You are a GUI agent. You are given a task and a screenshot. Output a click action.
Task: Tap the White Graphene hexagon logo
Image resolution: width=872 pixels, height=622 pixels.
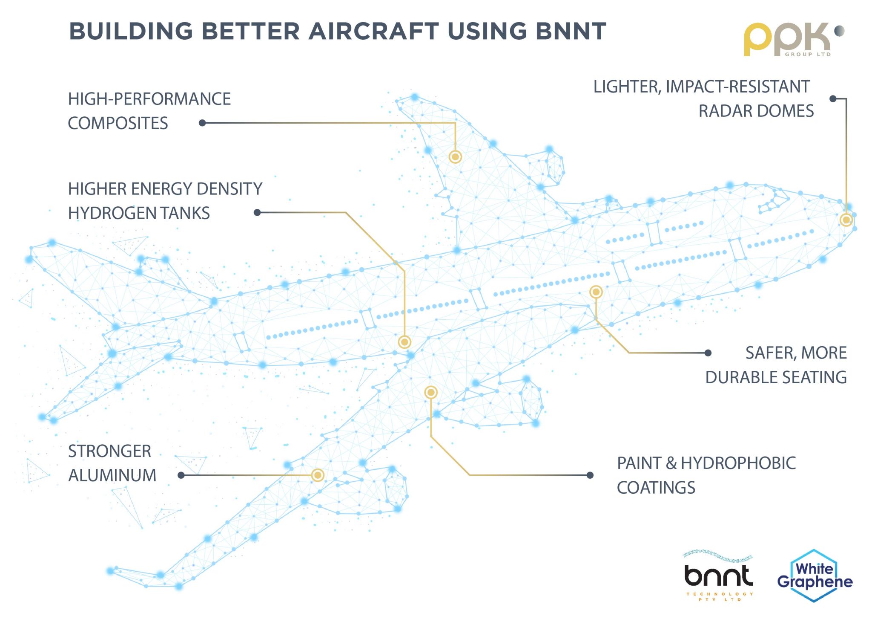(x=814, y=576)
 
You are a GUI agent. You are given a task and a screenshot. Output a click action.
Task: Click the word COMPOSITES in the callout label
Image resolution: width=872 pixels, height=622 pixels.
(x=118, y=124)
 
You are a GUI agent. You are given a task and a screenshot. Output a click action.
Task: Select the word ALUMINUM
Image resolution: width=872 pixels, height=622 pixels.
(x=112, y=476)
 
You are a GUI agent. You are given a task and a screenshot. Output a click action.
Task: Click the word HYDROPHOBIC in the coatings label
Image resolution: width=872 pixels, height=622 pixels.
(x=738, y=463)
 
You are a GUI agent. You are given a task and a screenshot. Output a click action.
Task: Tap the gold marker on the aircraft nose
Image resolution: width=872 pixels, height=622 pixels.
(x=846, y=220)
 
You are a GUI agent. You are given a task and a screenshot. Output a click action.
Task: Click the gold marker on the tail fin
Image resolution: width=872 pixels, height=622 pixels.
(x=455, y=157)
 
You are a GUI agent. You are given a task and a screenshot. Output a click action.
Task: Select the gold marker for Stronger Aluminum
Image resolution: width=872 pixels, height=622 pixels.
(x=318, y=475)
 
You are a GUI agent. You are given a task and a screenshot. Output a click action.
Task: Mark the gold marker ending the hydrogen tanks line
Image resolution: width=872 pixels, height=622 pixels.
(x=404, y=342)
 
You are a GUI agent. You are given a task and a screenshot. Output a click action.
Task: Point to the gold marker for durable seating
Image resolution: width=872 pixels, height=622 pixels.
(x=596, y=292)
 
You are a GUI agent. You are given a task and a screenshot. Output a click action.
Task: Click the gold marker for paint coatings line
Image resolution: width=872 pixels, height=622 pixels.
(x=431, y=392)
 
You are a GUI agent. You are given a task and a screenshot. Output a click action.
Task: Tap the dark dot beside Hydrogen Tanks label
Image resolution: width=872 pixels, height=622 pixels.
(x=257, y=212)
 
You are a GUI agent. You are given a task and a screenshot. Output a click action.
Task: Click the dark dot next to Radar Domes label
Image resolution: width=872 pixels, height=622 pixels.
(x=833, y=99)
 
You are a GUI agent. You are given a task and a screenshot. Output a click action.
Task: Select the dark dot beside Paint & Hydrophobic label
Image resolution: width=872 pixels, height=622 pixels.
(x=590, y=475)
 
